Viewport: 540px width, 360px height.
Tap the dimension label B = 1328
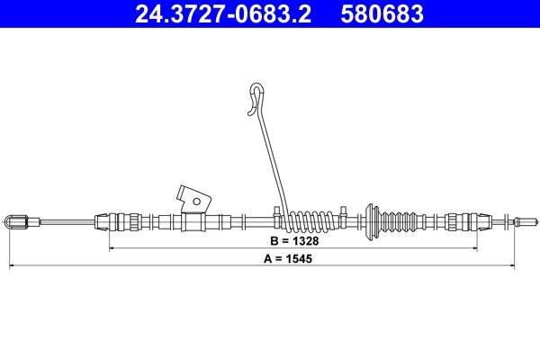[292, 241]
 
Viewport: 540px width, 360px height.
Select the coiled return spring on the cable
[310, 219]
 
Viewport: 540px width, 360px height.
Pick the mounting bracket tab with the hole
[193, 195]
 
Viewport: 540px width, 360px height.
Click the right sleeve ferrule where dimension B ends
[463, 220]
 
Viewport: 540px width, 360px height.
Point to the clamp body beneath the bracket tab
[193, 220]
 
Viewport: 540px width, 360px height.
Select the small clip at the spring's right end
[344, 212]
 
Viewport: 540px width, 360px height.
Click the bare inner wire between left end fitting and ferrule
[67, 220]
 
